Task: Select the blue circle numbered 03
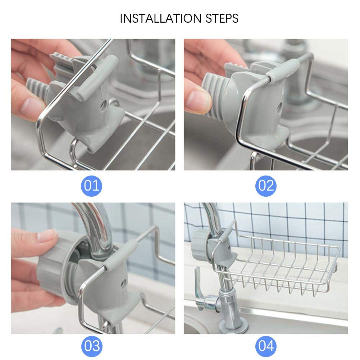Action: pyautogui.click(x=92, y=346)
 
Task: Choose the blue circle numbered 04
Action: pyautogui.click(x=266, y=346)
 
